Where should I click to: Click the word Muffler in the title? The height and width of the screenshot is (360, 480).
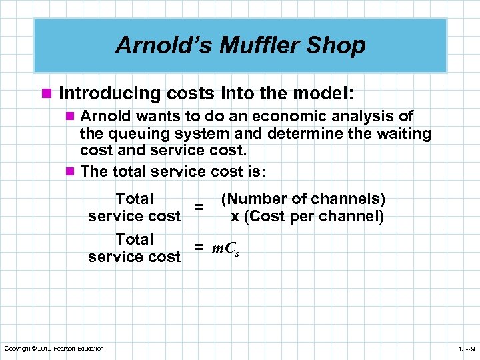click(x=259, y=45)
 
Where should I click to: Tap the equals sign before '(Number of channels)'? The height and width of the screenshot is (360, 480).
click(x=198, y=207)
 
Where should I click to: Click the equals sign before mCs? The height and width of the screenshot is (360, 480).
click(x=198, y=248)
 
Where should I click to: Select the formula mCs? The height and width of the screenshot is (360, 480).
click(x=226, y=249)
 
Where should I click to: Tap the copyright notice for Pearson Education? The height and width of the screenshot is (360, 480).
click(x=54, y=349)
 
